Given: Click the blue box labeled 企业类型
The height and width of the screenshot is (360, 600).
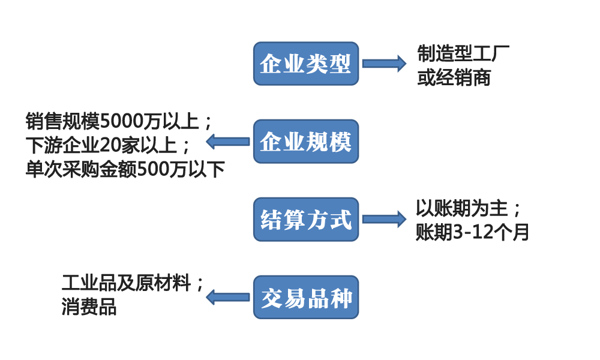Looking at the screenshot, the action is coord(306,64).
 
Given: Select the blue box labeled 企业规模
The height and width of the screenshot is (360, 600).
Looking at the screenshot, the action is coord(306,142).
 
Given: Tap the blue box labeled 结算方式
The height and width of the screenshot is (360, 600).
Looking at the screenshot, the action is coord(306,220).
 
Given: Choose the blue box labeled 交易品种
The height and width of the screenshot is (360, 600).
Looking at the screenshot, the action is coord(306,297).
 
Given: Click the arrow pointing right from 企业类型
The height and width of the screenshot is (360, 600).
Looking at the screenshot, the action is coord(384,64).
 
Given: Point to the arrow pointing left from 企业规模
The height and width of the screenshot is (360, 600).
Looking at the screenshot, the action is coord(227,142).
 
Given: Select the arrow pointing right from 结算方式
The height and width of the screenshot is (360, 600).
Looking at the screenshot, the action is coord(384,219).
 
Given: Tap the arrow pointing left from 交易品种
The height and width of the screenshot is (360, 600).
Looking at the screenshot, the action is coord(227,297).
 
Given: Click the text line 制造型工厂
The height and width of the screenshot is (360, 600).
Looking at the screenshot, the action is coord(463,53).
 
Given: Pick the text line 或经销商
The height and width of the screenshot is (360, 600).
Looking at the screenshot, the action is coord(454,77).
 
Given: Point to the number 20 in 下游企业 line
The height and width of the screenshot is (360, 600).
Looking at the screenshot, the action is coord(109,145).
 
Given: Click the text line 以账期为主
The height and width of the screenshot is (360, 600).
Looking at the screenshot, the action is coord(462,209).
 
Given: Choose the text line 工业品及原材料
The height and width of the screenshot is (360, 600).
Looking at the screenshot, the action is coord(126,283).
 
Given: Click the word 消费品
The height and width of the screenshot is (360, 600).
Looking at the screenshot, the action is coord(89,307).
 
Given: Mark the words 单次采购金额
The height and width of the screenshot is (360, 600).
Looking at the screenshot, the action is coord(81,169).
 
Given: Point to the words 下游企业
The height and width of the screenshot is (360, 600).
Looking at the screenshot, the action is coord(62,145).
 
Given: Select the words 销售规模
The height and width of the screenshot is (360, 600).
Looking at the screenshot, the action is coord(62,121).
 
